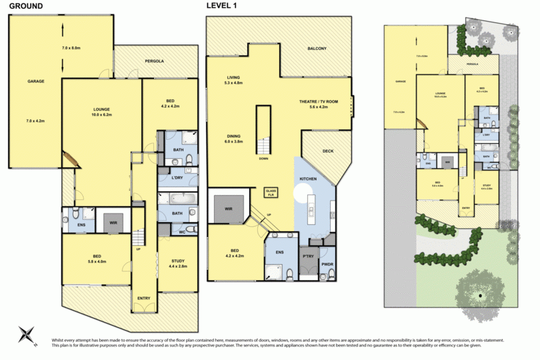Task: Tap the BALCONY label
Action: pyautogui.click(x=317, y=49)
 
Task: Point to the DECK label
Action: pyautogui.click(x=328, y=152)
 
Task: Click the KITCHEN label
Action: pyautogui.click(x=309, y=179)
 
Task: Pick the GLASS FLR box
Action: pyautogui.click(x=271, y=192)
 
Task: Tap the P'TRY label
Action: pyautogui.click(x=309, y=257)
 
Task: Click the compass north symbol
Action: pyautogui.click(x=28, y=333)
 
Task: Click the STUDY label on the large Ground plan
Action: pyautogui.click(x=178, y=261)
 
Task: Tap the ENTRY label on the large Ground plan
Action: pyautogui.click(x=143, y=297)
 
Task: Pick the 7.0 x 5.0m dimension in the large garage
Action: pyautogui.click(x=71, y=48)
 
